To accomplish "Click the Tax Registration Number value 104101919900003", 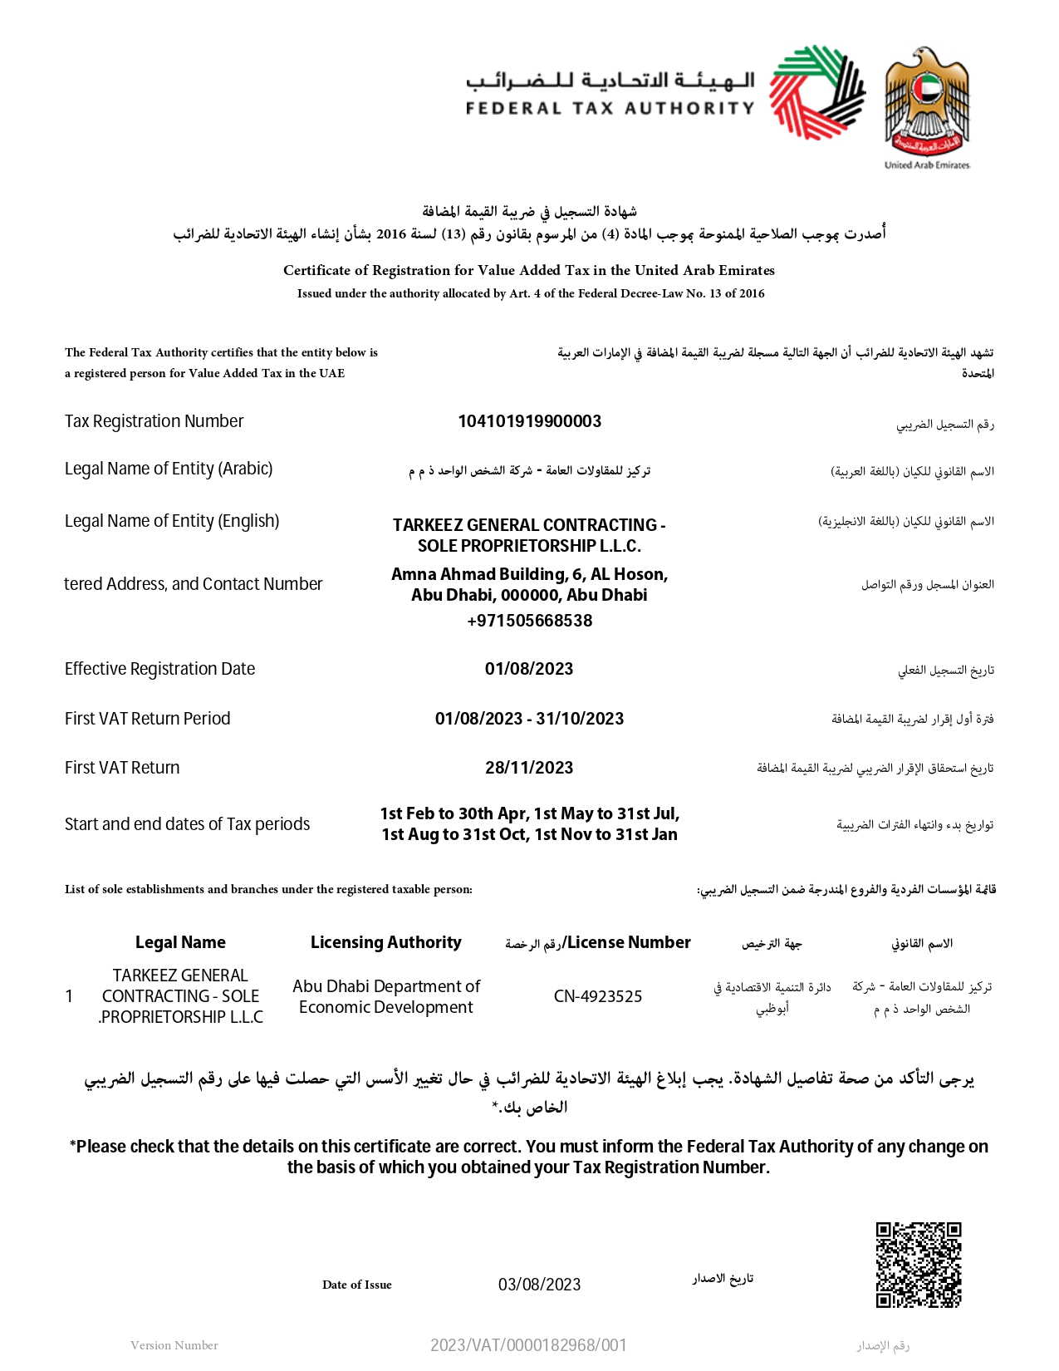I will [529, 421].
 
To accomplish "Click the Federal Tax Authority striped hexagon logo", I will [816, 92].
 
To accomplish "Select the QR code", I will [919, 1264].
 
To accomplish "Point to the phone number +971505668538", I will [529, 621].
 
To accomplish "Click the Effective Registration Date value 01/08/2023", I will [529, 669].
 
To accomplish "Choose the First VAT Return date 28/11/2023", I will [529, 768].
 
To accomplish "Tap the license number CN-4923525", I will [598, 996].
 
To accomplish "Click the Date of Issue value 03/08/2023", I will [539, 1285].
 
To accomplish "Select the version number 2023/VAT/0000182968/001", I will [528, 1345].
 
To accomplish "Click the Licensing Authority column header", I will [385, 942].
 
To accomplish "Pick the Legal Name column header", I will [180, 942].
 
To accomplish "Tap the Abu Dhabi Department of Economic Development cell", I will [386, 996].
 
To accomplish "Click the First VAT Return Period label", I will [148, 719].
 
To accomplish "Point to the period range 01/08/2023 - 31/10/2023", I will [529, 719].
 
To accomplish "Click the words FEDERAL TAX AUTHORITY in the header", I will [610, 108].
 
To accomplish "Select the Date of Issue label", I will [357, 1285].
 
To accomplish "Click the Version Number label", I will [174, 1345].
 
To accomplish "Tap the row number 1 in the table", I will [69, 996].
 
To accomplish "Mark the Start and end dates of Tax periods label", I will [187, 824].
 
